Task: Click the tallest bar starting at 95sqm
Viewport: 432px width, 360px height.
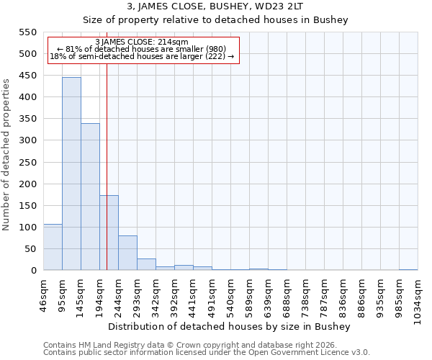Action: click(x=71, y=174)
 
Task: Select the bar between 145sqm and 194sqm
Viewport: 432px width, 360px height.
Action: click(x=90, y=197)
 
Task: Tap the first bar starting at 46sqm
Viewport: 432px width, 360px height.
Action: click(x=53, y=247)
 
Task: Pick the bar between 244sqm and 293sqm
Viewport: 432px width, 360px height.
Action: click(x=127, y=253)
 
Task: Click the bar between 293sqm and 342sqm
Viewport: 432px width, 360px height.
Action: click(x=146, y=264)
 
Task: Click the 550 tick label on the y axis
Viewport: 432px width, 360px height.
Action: click(x=27, y=32)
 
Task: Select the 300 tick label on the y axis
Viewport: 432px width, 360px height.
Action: click(x=27, y=140)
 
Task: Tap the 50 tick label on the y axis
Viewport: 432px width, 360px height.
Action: click(x=30, y=249)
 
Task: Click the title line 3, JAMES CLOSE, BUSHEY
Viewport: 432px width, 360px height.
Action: click(x=215, y=6)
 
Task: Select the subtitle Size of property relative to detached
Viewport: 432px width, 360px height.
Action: click(x=215, y=20)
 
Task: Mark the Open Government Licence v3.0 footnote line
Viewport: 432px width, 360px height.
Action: click(x=207, y=353)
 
